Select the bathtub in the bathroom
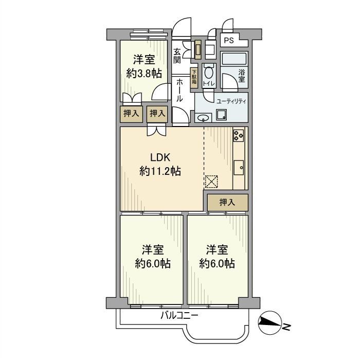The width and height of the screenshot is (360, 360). pyautogui.click(x=235, y=58)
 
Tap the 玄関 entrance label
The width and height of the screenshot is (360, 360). pyautogui.click(x=177, y=56)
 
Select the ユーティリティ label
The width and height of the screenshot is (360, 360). pyautogui.click(x=231, y=101)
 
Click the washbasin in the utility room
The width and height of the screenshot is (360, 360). pyautogui.click(x=202, y=117)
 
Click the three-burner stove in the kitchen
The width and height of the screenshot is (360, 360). pyautogui.click(x=239, y=135)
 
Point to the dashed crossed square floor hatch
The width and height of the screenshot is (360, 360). pyautogui.click(x=211, y=182)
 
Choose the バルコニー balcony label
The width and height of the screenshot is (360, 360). pyautogui.click(x=179, y=315)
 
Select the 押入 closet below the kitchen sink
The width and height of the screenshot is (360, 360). pyautogui.click(x=227, y=202)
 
